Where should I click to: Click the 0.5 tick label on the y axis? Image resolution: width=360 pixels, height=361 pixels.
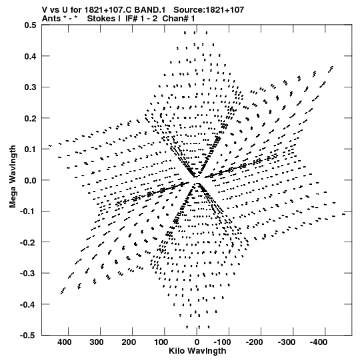30,25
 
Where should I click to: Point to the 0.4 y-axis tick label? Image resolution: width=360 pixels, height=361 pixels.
30,56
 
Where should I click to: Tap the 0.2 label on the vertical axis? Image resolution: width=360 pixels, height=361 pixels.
30,118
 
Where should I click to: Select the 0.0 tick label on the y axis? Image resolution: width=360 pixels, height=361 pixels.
30,180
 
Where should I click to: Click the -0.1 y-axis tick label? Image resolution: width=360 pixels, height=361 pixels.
28,212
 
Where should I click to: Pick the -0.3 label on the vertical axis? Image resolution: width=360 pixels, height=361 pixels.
28,274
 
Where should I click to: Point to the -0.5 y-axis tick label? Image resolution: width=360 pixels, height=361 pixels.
28,336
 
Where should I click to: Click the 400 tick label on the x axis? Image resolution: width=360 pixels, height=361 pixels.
65,342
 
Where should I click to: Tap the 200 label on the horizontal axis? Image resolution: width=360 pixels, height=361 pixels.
129,342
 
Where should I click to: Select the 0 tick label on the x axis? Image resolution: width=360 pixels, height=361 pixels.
197,342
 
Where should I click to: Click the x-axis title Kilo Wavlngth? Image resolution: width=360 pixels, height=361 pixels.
197,351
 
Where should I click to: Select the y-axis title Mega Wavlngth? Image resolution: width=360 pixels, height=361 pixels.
13,177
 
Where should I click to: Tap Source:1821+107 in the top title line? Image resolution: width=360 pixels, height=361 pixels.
209,10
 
